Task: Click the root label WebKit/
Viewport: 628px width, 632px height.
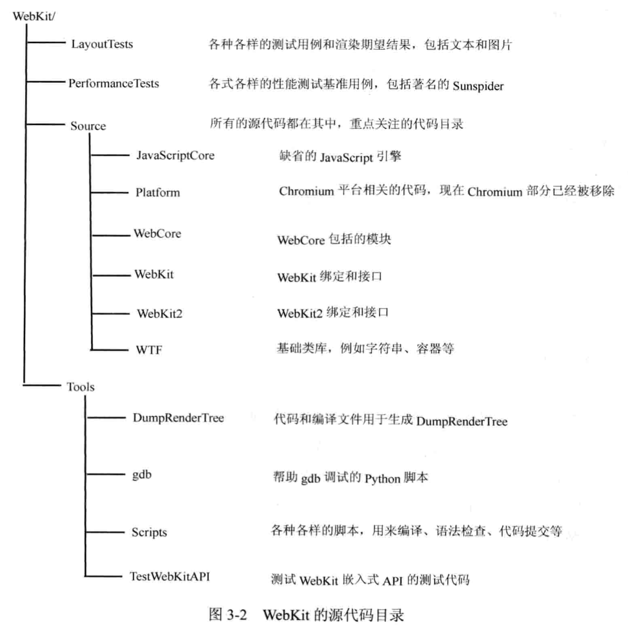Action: (x=34, y=17)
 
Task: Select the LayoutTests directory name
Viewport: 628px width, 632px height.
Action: (x=102, y=44)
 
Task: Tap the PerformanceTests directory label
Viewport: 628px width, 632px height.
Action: (x=113, y=83)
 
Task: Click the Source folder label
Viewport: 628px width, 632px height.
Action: (x=88, y=126)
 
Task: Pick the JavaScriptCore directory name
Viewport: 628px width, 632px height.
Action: (x=175, y=155)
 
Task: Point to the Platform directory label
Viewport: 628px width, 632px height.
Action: (x=158, y=192)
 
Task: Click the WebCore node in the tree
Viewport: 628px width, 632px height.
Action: (x=157, y=233)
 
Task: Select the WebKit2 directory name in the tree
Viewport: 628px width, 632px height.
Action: (x=159, y=314)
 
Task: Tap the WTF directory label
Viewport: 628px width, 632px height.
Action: (x=149, y=350)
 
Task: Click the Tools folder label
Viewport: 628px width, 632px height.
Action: (x=81, y=387)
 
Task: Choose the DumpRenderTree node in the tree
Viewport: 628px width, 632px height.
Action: (x=178, y=418)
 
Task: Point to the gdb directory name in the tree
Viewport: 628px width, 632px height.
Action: (x=142, y=474)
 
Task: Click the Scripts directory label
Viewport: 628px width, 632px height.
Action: (x=149, y=532)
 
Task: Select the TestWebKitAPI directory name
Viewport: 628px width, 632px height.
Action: (x=170, y=577)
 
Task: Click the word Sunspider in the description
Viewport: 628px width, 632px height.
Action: (x=478, y=86)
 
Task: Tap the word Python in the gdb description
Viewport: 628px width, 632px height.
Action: (x=382, y=478)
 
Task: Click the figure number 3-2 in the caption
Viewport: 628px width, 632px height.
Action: (x=236, y=614)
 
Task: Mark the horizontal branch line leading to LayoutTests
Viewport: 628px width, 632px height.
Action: (x=46, y=43)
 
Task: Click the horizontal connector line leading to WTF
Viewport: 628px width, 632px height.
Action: (x=109, y=350)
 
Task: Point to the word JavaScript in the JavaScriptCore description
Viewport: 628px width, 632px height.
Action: (x=346, y=158)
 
